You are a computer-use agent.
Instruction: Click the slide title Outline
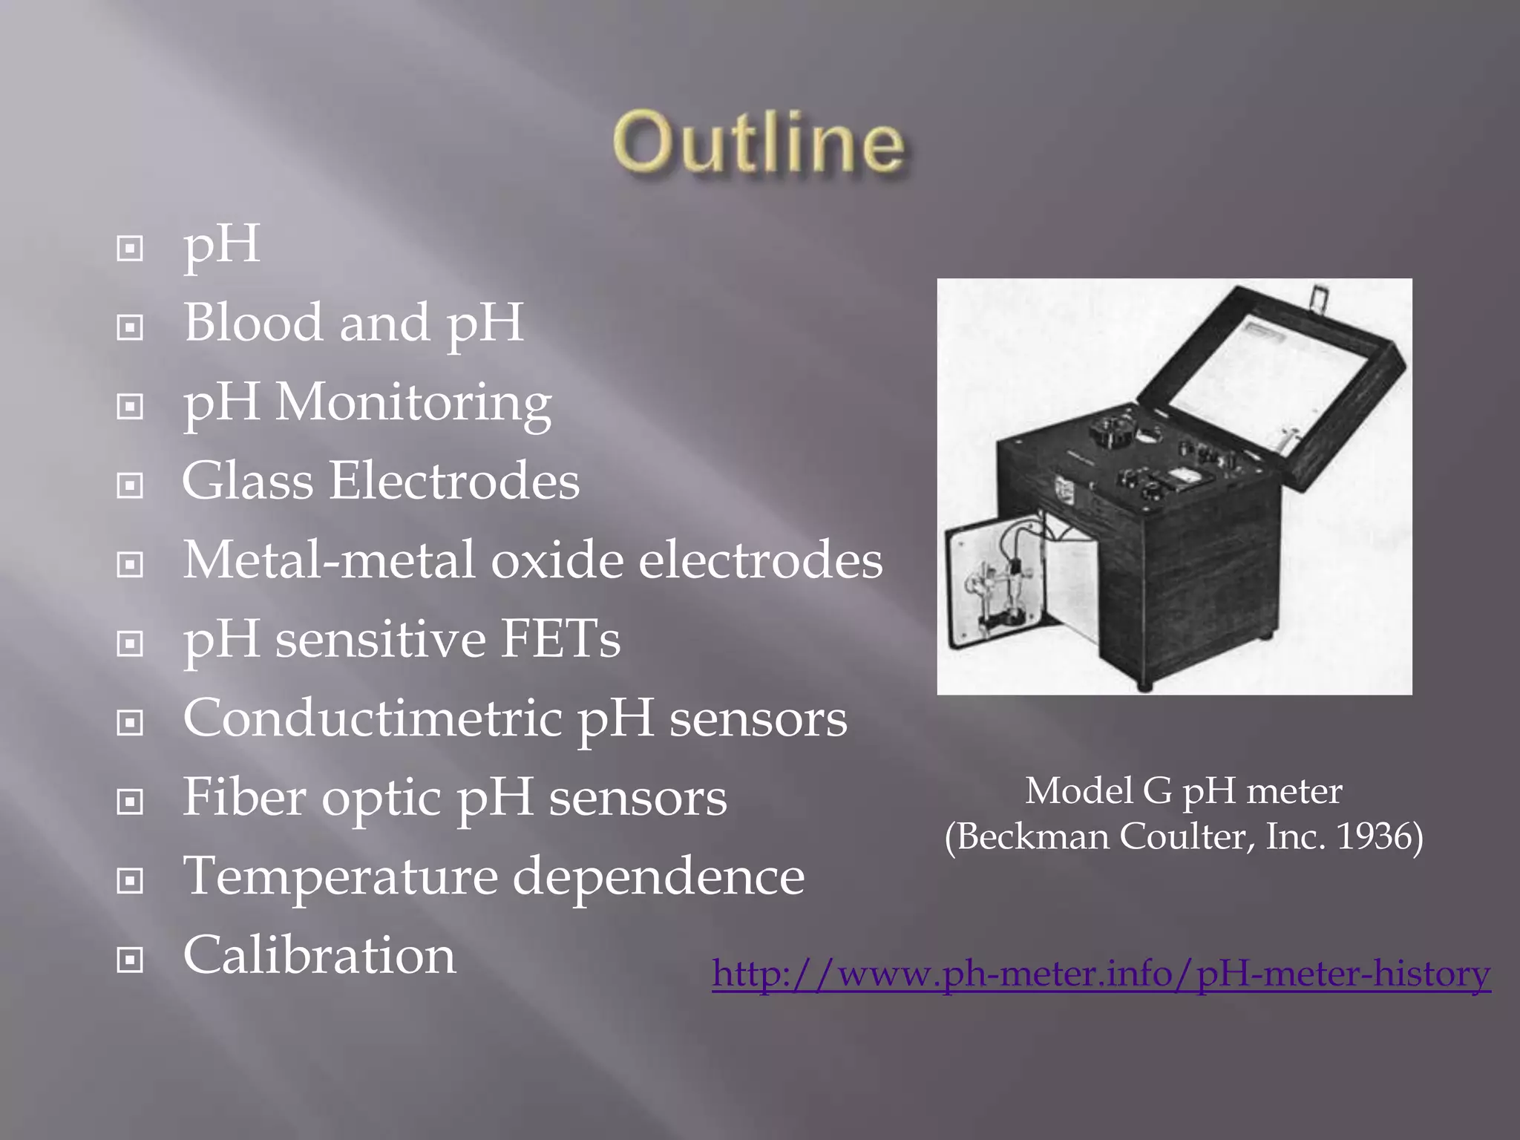pyautogui.click(x=759, y=142)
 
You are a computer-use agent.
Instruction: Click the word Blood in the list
pyautogui.click(x=254, y=323)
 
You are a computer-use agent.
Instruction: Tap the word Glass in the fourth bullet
pyautogui.click(x=248, y=481)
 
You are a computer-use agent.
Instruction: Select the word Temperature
pyautogui.click(x=340, y=877)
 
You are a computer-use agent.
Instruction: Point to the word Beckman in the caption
pyautogui.click(x=1032, y=836)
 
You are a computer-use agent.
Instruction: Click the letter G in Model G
pyautogui.click(x=1157, y=791)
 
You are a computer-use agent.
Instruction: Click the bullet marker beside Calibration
pyautogui.click(x=130, y=960)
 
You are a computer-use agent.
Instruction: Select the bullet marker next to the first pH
pyautogui.click(x=130, y=249)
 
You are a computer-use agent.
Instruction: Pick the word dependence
pyautogui.click(x=658, y=877)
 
